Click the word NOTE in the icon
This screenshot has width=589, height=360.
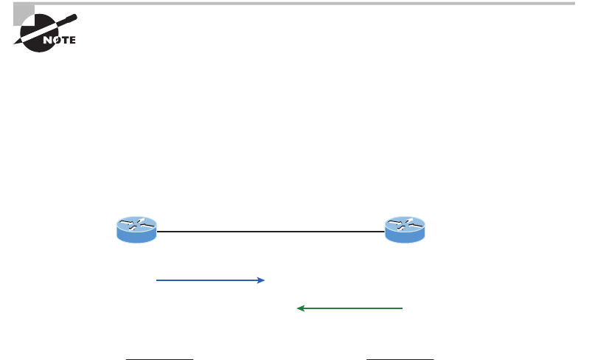point(60,41)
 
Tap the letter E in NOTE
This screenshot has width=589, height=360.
point(72,41)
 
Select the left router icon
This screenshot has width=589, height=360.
point(137,229)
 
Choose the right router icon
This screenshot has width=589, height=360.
point(405,229)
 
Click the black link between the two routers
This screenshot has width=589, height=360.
point(271,232)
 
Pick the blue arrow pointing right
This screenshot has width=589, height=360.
point(210,280)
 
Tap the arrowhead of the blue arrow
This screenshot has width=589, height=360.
point(261,280)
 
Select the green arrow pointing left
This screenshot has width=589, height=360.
point(350,308)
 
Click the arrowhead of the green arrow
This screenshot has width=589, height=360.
point(300,308)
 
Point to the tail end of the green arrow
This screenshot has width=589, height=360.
point(401,308)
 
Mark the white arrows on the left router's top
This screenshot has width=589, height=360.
point(137,224)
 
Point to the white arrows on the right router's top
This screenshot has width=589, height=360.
point(405,224)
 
